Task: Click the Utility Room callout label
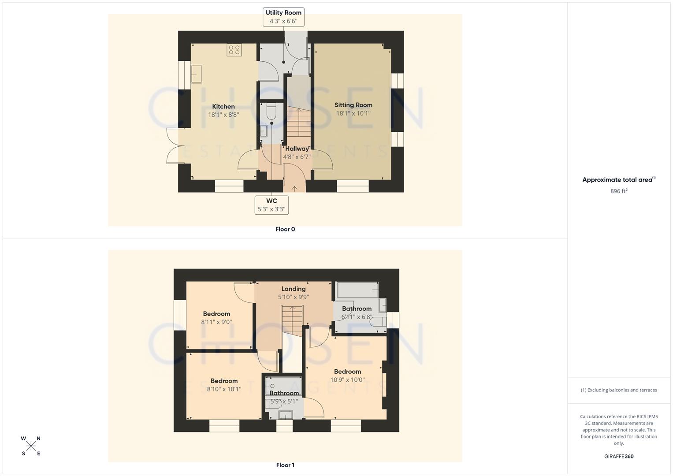click(283, 17)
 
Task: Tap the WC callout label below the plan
click(271, 205)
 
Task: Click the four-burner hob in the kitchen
click(234, 50)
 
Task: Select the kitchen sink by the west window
click(196, 74)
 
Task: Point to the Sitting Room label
click(353, 105)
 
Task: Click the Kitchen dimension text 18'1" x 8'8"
click(223, 115)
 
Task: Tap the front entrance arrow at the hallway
click(294, 188)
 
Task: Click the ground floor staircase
click(298, 123)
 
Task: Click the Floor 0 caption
click(285, 229)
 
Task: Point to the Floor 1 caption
click(285, 465)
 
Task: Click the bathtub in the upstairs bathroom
click(357, 290)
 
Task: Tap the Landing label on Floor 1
click(293, 289)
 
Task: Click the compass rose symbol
click(31, 446)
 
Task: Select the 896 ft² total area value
click(619, 191)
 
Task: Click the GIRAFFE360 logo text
click(619, 457)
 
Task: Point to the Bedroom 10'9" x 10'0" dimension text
click(347, 380)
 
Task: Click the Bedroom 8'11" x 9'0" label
click(216, 314)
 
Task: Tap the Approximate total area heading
click(618, 180)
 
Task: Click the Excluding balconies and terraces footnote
click(619, 390)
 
